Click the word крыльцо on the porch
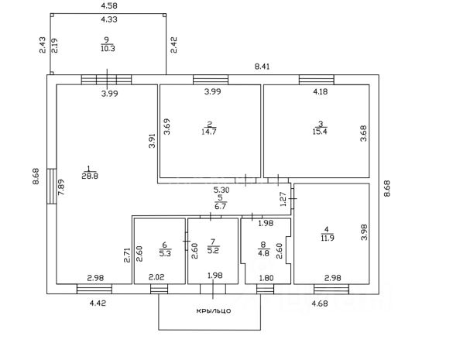214,311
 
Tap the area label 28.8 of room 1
90,176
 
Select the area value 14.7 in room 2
209,132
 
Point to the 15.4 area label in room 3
320,132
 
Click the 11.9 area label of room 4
327,238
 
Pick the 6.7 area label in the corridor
220,206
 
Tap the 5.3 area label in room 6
165,253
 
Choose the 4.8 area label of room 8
263,253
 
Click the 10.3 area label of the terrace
108,48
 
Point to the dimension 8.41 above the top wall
262,67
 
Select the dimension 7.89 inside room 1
61,187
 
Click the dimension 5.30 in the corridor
221,190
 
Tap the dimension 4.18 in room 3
320,91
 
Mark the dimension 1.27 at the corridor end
283,199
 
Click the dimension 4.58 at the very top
109,5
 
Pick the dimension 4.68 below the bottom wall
320,303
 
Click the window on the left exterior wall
51,187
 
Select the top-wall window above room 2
211,80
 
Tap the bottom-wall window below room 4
331,289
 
